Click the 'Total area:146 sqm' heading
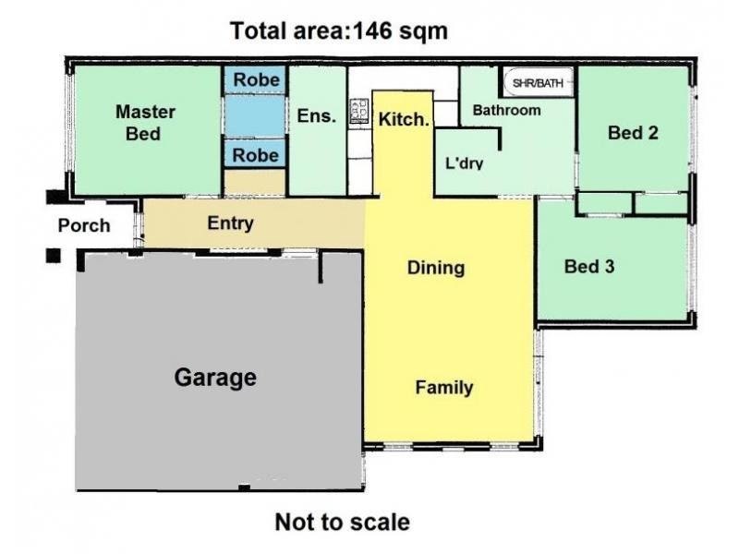[x=339, y=31]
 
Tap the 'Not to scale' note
[x=342, y=522]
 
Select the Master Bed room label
[x=145, y=123]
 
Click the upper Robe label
[x=255, y=80]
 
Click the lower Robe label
[x=255, y=155]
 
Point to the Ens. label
[x=315, y=116]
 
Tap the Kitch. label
[x=404, y=118]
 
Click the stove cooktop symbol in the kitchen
[x=358, y=112]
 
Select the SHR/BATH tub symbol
[x=538, y=82]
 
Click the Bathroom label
[x=506, y=111]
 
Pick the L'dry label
[x=465, y=163]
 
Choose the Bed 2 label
[x=633, y=133]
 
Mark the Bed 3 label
[x=589, y=267]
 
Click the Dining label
[x=435, y=269]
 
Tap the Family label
[x=443, y=388]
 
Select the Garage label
[x=215, y=378]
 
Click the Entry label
[x=230, y=223]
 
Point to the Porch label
[x=84, y=225]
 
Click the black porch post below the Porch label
[x=54, y=255]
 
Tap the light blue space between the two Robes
[x=255, y=117]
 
